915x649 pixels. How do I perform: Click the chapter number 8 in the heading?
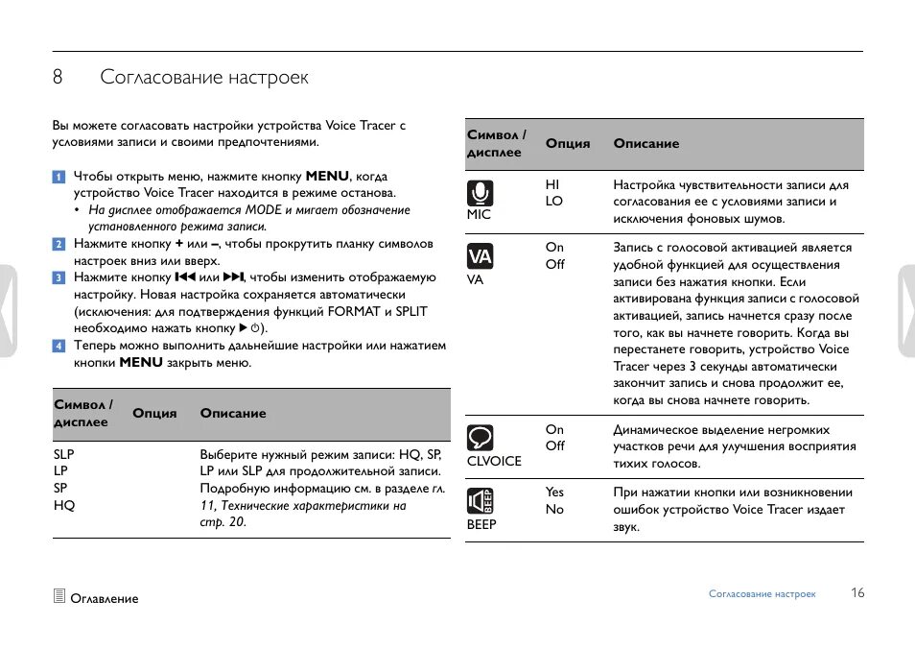point(58,78)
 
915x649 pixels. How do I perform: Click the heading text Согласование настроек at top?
point(204,78)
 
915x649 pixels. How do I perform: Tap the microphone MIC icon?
point(481,192)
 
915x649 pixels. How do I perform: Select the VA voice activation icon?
point(480,256)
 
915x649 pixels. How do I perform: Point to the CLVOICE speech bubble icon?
point(481,438)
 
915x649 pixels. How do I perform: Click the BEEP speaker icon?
point(481,501)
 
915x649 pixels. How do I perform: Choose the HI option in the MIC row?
point(552,184)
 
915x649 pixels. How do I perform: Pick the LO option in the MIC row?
point(553,202)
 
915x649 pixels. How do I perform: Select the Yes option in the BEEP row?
point(554,493)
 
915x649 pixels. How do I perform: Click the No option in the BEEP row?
point(554,510)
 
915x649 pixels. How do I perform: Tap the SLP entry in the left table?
point(63,454)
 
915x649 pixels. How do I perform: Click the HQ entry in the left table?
point(64,506)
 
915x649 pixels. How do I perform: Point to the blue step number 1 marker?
point(59,177)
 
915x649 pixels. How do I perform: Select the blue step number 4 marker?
point(59,346)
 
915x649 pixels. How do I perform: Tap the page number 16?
point(857,593)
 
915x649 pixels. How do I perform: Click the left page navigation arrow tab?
point(8,311)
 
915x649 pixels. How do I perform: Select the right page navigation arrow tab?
point(906,311)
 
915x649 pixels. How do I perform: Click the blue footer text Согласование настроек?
point(762,594)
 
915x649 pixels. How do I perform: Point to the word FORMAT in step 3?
point(354,312)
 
